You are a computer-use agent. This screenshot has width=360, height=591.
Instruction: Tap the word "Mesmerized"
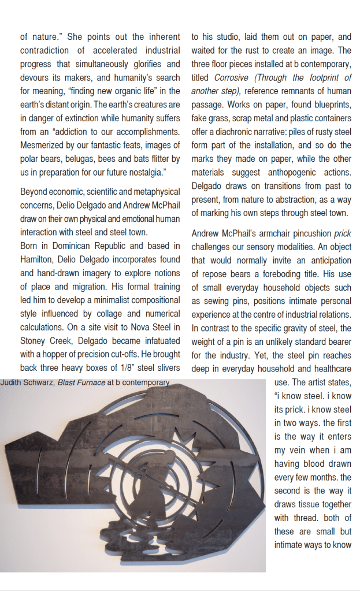tap(43, 144)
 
